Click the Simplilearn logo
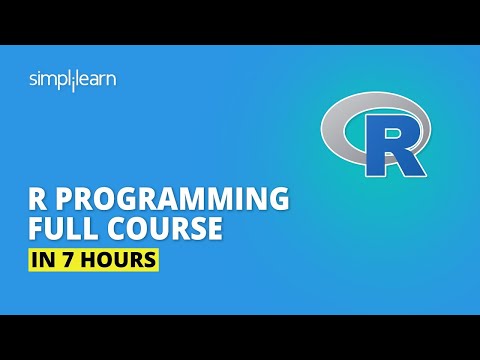coord(71,79)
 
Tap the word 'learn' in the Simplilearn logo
coord(95,79)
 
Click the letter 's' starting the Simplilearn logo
coord(33,79)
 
